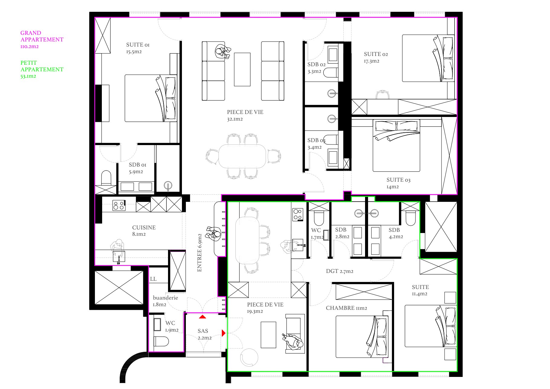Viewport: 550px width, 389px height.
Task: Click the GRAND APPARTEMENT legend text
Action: point(42,36)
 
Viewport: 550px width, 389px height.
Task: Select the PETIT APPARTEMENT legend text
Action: point(42,66)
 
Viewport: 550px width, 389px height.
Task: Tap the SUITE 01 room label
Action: point(138,45)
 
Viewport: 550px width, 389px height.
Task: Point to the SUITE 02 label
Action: point(376,54)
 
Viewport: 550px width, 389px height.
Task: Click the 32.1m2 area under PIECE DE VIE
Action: point(235,119)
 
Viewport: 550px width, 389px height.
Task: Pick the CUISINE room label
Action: point(144,228)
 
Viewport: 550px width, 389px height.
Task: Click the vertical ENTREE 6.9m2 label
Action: point(199,253)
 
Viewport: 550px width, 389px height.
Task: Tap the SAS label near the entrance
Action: point(203,331)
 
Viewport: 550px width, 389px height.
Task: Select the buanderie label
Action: point(165,298)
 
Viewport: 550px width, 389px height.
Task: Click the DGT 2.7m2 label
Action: point(339,271)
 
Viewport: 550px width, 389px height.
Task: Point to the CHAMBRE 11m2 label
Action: point(346,308)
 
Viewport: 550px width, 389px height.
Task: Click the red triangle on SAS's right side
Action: point(224,333)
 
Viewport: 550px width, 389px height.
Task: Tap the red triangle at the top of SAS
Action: point(202,317)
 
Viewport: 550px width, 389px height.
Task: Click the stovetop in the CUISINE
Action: point(119,205)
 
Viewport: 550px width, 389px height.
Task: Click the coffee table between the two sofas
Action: point(242,70)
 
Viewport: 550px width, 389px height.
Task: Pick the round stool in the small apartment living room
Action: point(249,358)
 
